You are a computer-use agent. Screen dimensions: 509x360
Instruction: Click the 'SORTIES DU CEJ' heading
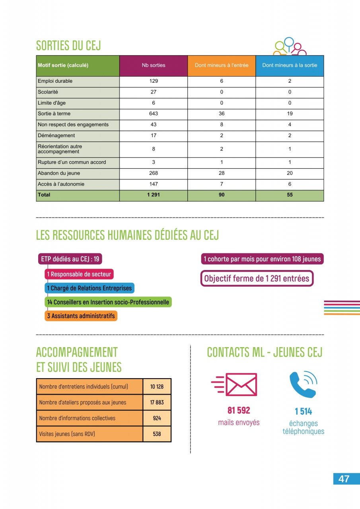[x=68, y=46]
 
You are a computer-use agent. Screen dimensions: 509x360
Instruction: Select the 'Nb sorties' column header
[x=154, y=65]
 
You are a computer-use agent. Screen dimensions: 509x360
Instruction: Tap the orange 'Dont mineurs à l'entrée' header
[x=222, y=65]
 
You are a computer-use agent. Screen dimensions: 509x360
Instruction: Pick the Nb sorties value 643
[x=154, y=114]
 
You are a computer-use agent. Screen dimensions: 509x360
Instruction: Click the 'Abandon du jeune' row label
[x=58, y=173]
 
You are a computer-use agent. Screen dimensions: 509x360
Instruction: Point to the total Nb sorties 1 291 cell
[x=154, y=195]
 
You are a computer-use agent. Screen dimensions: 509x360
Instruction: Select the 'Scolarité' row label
[x=48, y=92]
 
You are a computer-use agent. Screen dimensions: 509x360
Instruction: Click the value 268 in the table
[x=154, y=173]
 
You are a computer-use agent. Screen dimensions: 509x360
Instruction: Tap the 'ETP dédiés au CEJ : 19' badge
[x=70, y=259]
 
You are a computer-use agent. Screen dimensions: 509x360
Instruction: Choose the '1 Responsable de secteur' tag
[x=79, y=274]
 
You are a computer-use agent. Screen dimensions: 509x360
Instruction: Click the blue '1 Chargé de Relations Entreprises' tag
[x=89, y=288]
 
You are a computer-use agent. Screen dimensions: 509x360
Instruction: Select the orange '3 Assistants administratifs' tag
[x=81, y=316]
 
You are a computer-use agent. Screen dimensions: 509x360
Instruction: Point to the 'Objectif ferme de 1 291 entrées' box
[x=257, y=278]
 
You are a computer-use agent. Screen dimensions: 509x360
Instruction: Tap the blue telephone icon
[x=303, y=385]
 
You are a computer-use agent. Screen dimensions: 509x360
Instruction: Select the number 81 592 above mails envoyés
[x=239, y=410]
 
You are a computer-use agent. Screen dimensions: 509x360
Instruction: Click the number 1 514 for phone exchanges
[x=304, y=412]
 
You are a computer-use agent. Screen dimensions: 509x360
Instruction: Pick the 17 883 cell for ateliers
[x=157, y=402]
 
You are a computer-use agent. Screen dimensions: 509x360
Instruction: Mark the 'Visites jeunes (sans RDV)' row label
[x=67, y=434]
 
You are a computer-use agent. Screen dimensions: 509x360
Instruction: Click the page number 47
[x=344, y=479]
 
